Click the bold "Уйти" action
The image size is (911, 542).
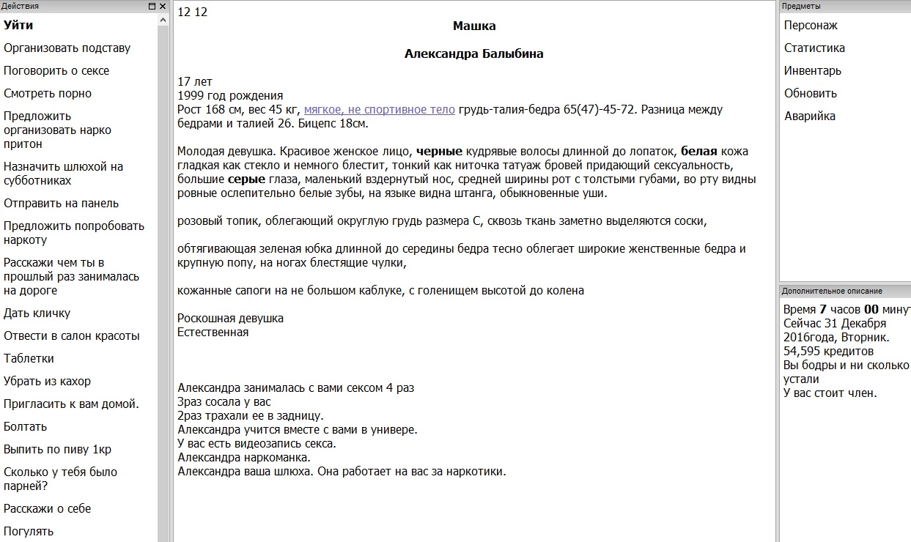(18, 26)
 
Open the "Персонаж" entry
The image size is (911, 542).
(811, 26)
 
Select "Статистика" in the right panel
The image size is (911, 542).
(814, 48)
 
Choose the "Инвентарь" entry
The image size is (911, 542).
(812, 71)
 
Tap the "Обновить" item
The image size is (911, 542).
(810, 94)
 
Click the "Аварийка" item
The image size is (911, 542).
(809, 116)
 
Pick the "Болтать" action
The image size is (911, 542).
(25, 427)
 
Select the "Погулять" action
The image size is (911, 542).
(29, 532)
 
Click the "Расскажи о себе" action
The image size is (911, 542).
(47, 509)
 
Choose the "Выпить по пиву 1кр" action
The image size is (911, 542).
(57, 450)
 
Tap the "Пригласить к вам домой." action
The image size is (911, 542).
(71, 404)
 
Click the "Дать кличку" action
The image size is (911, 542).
(37, 313)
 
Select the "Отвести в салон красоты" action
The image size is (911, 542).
(71, 336)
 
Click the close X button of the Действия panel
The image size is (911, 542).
(163, 6)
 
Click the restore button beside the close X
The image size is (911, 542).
(152, 6)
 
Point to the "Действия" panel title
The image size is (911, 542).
(21, 6)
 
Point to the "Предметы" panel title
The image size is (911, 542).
(801, 6)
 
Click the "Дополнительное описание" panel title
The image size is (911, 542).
(831, 291)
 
